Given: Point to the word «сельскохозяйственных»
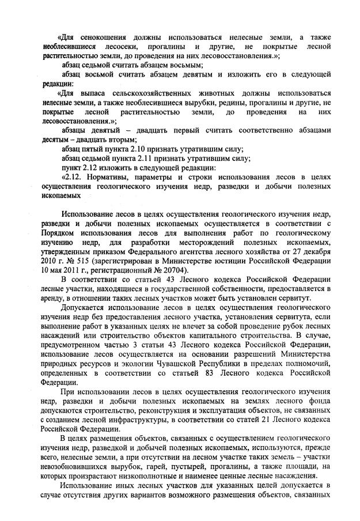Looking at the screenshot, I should click(x=156, y=93).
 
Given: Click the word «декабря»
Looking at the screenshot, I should click(x=314, y=251).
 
